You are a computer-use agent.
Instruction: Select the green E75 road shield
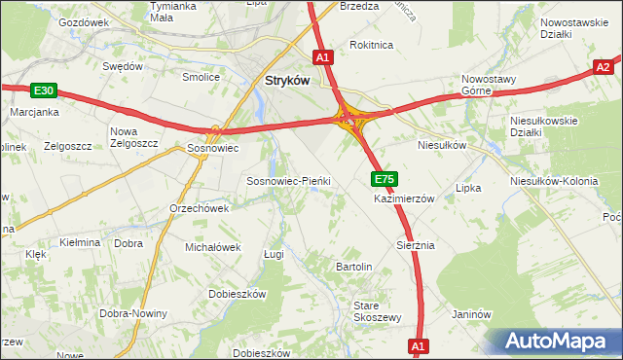coord(384,179)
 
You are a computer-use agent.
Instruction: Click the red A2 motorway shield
coord(605,67)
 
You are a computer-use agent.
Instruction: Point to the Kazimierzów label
coord(404,198)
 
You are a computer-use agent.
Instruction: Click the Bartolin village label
coord(354,266)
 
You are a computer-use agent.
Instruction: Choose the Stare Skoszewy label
coord(377,311)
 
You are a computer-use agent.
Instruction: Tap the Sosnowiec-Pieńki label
coord(289,181)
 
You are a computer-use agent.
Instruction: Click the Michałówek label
coord(212,247)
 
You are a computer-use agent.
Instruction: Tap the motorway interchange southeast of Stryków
coord(350,120)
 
